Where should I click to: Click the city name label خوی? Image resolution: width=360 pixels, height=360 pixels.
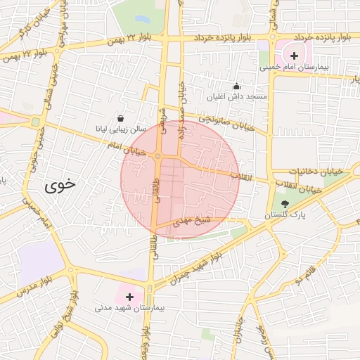60,186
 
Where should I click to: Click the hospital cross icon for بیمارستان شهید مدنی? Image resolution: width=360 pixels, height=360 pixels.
129,297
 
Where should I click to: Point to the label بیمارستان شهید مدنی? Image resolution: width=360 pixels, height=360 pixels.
130,309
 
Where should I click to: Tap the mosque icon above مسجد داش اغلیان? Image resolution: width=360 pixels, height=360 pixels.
236,86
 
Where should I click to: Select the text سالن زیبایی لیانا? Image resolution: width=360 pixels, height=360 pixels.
121,130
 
